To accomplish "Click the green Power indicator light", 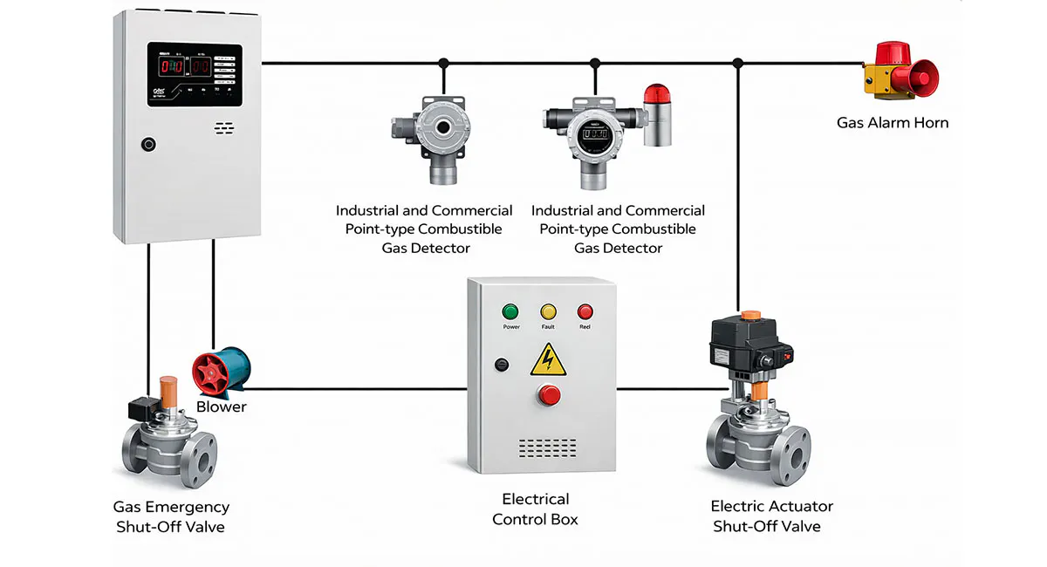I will point(511,311).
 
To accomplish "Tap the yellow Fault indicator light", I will point(548,311).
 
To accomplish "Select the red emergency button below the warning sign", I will point(550,395).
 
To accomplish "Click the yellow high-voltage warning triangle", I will point(548,359).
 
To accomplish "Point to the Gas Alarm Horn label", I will point(892,123).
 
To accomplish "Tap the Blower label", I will point(221,406).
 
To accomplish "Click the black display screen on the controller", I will point(194,73).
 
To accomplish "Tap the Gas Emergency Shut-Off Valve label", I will point(171,516).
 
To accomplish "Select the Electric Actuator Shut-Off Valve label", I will point(771,516).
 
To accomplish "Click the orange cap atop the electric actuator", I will point(749,315).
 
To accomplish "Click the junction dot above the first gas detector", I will point(443,63).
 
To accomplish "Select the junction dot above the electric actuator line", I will point(738,63).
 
